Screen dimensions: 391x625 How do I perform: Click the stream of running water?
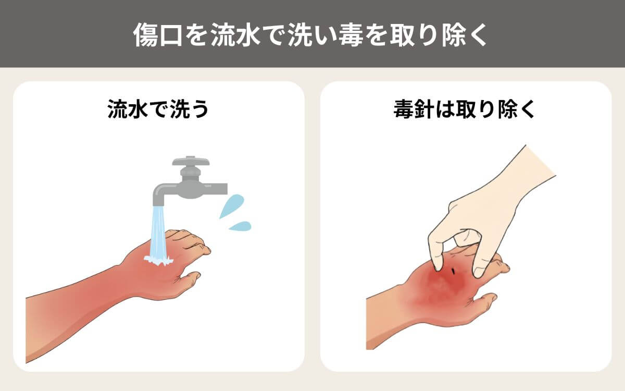point(158,232)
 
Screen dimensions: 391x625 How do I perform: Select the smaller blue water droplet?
point(240,226)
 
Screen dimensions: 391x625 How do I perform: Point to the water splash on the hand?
point(158,260)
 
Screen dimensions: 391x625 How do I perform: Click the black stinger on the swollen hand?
point(454,271)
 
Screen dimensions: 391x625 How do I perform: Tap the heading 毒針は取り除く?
point(465,110)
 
